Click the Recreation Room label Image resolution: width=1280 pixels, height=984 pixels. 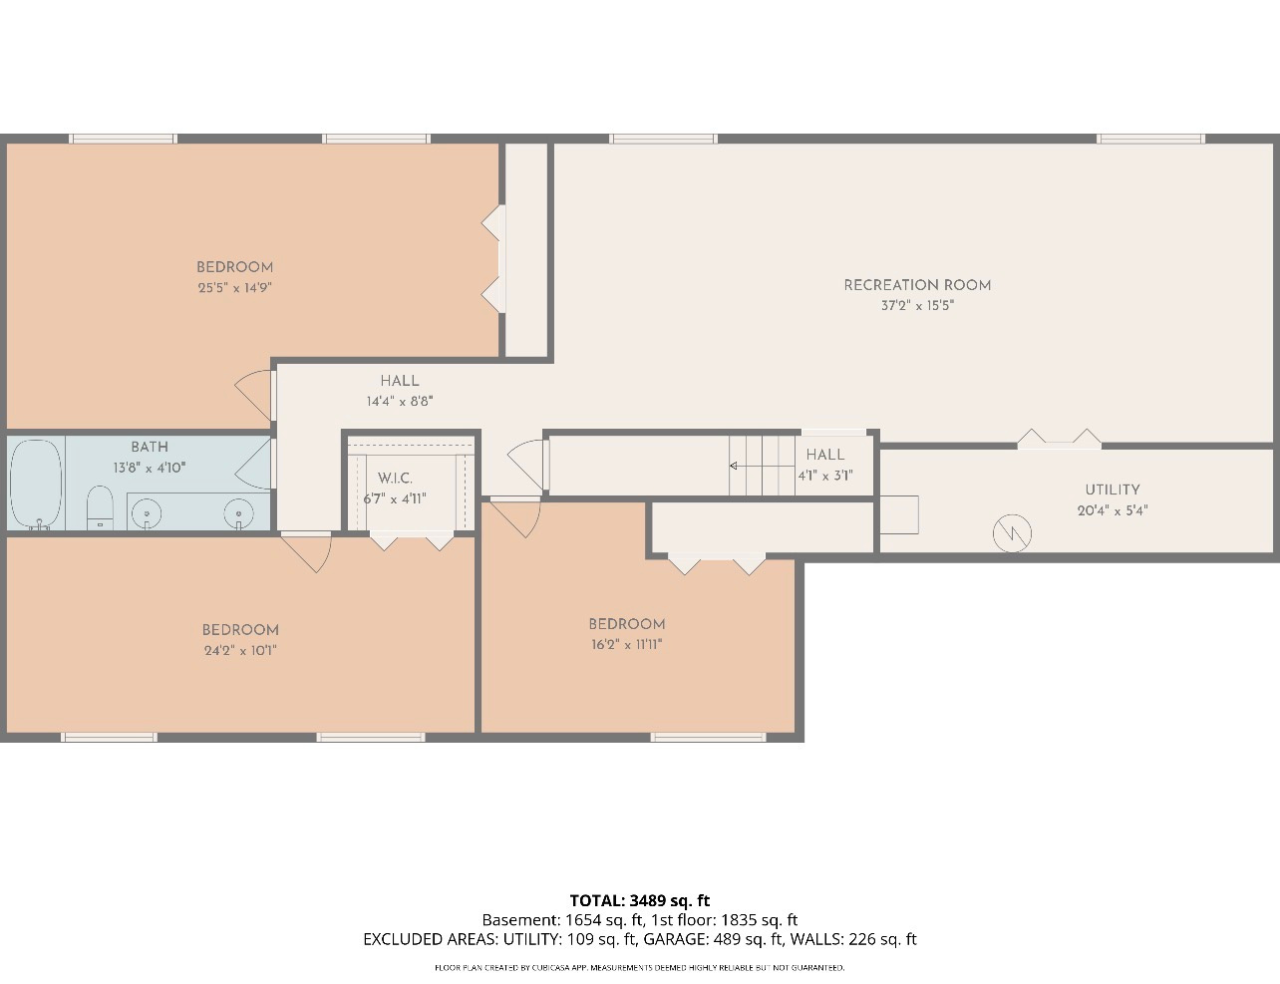(917, 285)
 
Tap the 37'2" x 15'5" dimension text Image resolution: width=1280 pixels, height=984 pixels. (917, 306)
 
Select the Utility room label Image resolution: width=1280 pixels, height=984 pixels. (1112, 490)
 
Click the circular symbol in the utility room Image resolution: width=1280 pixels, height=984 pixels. (1012, 533)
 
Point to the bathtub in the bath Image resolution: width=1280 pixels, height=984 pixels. (37, 484)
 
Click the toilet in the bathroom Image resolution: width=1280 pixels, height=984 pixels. (101, 508)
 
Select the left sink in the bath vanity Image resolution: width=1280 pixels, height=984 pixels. (148, 513)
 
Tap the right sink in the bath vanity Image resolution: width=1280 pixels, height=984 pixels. (239, 513)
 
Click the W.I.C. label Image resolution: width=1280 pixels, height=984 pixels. (395, 479)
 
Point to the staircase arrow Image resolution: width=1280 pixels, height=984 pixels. (735, 466)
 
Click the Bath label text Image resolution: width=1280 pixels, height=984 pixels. (150, 447)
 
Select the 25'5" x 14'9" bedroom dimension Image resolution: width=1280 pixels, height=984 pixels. (234, 288)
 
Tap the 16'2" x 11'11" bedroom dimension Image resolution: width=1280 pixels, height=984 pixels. (626, 645)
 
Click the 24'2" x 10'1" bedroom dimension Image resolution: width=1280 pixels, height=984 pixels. (240, 651)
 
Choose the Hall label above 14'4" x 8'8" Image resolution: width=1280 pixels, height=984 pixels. (399, 381)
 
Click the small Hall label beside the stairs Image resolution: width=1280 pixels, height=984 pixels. (825, 455)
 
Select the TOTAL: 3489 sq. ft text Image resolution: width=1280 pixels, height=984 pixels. (640, 900)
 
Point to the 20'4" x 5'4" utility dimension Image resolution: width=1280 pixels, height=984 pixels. (1112, 510)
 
